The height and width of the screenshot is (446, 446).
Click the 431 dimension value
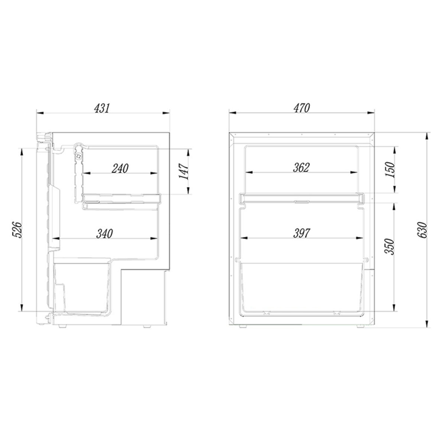click(101, 108)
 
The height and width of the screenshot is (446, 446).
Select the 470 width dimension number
click(301, 108)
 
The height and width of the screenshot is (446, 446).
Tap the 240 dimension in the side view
click(120, 168)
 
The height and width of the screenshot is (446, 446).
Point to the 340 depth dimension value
click(104, 234)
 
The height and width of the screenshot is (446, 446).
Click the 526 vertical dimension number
click(17, 230)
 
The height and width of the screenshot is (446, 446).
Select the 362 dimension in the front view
click(301, 168)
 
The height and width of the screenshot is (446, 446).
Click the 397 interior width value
click(301, 233)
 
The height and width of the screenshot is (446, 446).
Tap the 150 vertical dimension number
click(389, 169)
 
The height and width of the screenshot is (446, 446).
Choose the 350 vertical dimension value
click(389, 246)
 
